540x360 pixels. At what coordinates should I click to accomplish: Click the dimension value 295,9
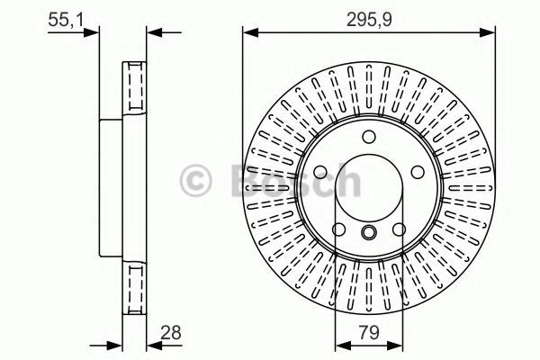[369, 20]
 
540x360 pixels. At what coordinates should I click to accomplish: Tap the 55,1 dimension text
[66, 20]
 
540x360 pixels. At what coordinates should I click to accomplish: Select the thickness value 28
[171, 333]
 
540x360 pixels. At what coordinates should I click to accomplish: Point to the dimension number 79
[369, 333]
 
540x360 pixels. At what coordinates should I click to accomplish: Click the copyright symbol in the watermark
[195, 181]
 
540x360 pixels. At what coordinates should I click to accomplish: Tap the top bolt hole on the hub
[369, 137]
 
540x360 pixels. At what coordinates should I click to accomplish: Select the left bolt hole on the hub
[320, 172]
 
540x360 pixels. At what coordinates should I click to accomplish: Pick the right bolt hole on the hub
[418, 172]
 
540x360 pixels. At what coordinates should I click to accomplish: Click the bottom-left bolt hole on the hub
[339, 229]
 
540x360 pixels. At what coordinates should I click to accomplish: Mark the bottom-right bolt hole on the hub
[399, 229]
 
